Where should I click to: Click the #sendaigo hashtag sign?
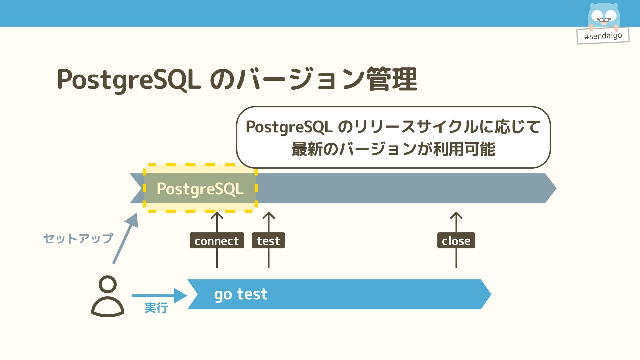tap(603, 36)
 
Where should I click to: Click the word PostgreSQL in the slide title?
tap(129, 80)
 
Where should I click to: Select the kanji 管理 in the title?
tap(392, 79)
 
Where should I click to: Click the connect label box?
tap(217, 241)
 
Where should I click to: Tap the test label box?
tap(268, 241)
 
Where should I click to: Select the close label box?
tap(456, 241)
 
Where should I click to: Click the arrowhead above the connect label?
tap(217, 215)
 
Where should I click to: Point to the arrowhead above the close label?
tap(456, 215)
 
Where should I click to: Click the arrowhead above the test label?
tap(269, 215)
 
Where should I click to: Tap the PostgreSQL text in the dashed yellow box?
tap(200, 189)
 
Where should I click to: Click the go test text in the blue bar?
tap(241, 294)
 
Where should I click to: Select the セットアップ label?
tap(78, 238)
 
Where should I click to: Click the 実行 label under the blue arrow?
tap(156, 308)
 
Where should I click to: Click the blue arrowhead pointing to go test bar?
tap(181, 295)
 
